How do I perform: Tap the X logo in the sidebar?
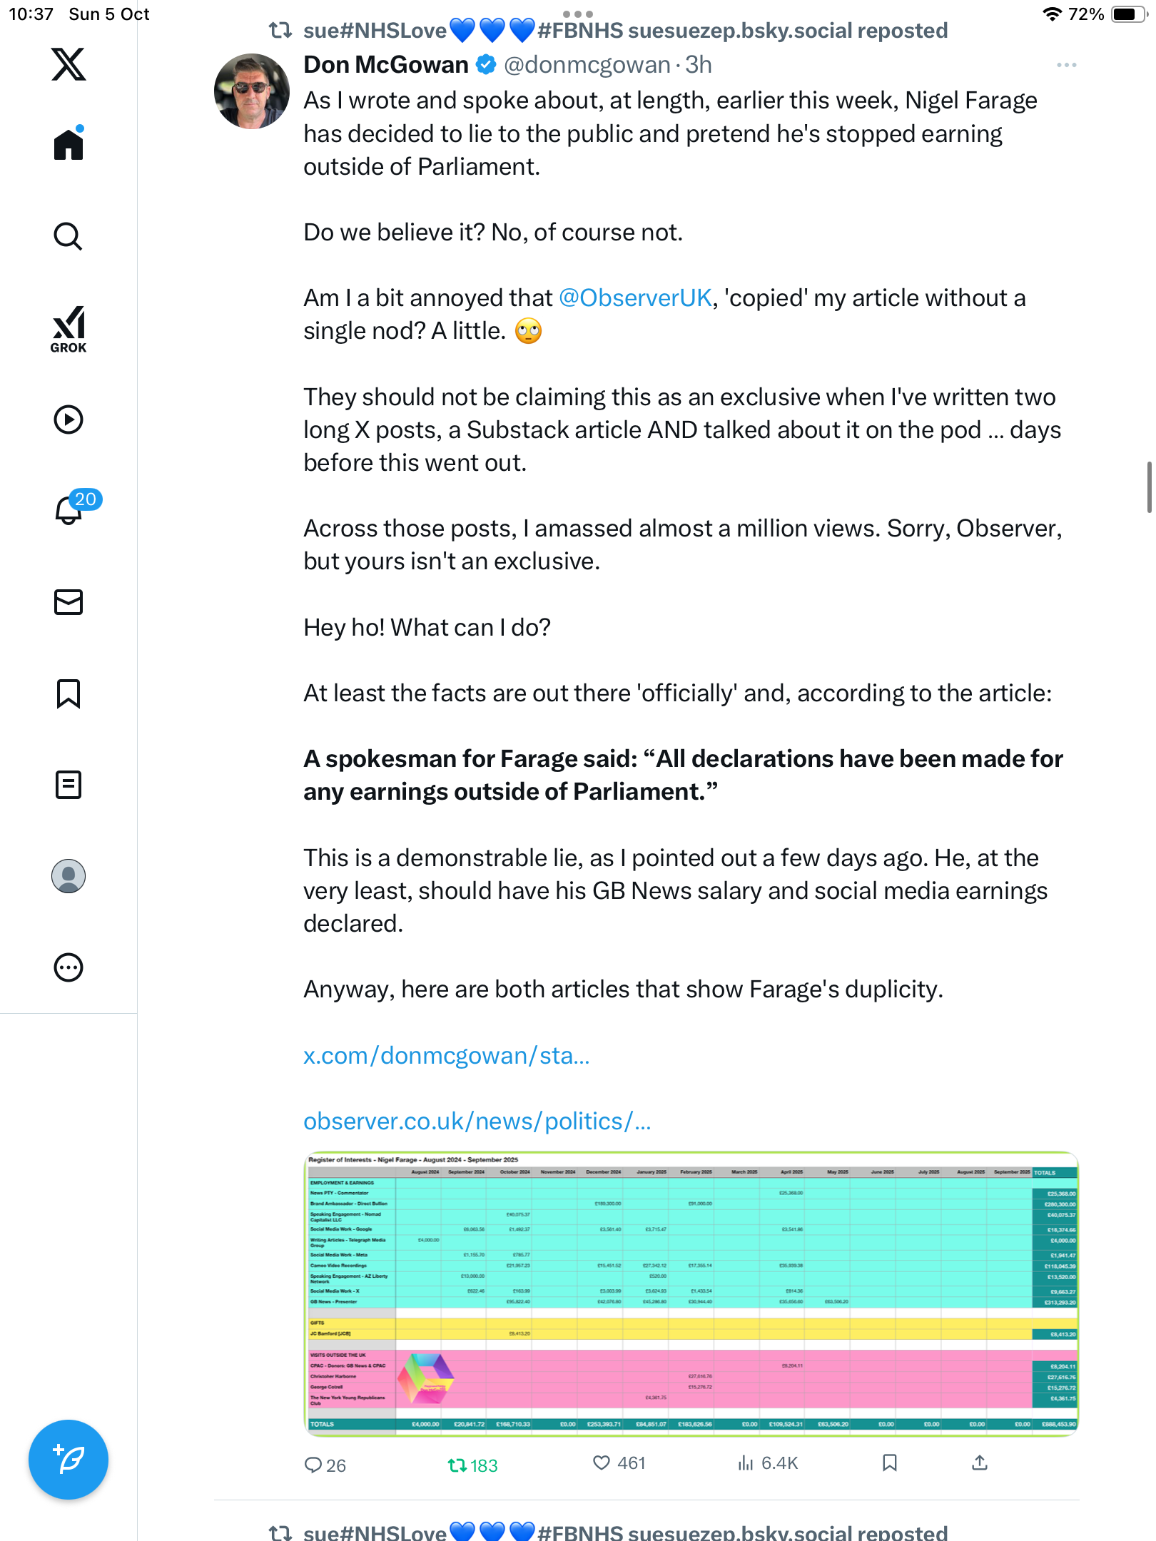tap(69, 64)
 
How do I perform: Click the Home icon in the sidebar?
tap(69, 144)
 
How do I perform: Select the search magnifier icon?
tap(69, 236)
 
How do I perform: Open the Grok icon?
tap(69, 329)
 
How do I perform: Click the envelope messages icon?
tap(69, 602)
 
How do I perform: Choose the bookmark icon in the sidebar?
tap(69, 693)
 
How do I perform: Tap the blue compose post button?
tap(69, 1460)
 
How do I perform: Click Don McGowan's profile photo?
tap(252, 91)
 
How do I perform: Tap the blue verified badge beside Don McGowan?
tap(486, 65)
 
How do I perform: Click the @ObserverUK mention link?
tap(635, 298)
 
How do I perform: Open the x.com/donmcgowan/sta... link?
tap(447, 1055)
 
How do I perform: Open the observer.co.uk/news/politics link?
tap(477, 1121)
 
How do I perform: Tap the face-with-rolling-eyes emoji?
tap(529, 331)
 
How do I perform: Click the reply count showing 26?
tap(325, 1465)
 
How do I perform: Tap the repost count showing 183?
tap(472, 1465)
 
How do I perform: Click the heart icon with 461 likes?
tap(602, 1463)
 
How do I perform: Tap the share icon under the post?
tap(980, 1463)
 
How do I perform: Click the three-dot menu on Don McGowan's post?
tap(1066, 65)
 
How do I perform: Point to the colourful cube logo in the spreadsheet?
tap(425, 1378)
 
